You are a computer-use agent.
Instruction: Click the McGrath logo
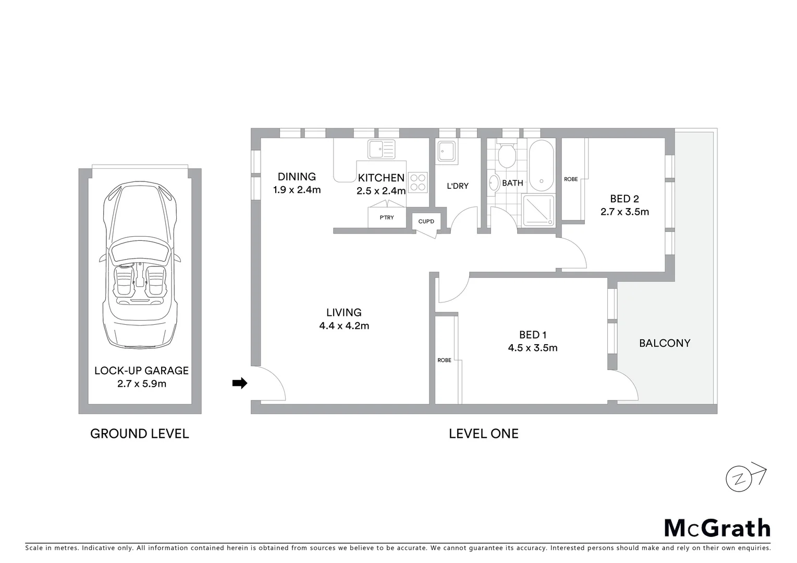click(x=717, y=528)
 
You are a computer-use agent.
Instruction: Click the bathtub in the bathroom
click(x=542, y=165)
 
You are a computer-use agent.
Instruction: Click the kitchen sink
click(x=381, y=149)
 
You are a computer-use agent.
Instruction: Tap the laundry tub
click(x=447, y=151)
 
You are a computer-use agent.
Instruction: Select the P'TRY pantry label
click(x=387, y=217)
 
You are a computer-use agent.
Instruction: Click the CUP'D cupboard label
click(x=426, y=222)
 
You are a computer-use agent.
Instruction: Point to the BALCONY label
click(x=665, y=343)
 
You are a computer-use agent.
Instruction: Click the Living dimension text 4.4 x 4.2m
click(x=344, y=326)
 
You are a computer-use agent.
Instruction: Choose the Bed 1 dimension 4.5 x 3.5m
click(x=533, y=348)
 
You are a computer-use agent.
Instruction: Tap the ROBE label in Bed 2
click(x=571, y=179)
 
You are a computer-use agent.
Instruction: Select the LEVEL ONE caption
click(x=483, y=434)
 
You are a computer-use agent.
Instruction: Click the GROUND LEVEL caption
click(x=140, y=434)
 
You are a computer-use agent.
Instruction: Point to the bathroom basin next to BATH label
click(x=494, y=183)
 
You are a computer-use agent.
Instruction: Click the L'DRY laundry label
click(x=458, y=186)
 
